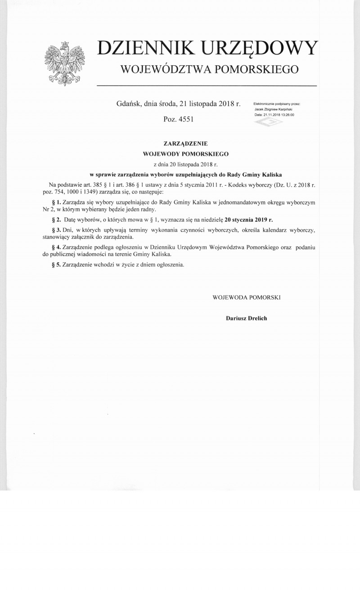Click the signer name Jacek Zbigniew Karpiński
pos(274,109)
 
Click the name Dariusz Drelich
pos(247,318)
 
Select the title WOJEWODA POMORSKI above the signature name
pos(247,297)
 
